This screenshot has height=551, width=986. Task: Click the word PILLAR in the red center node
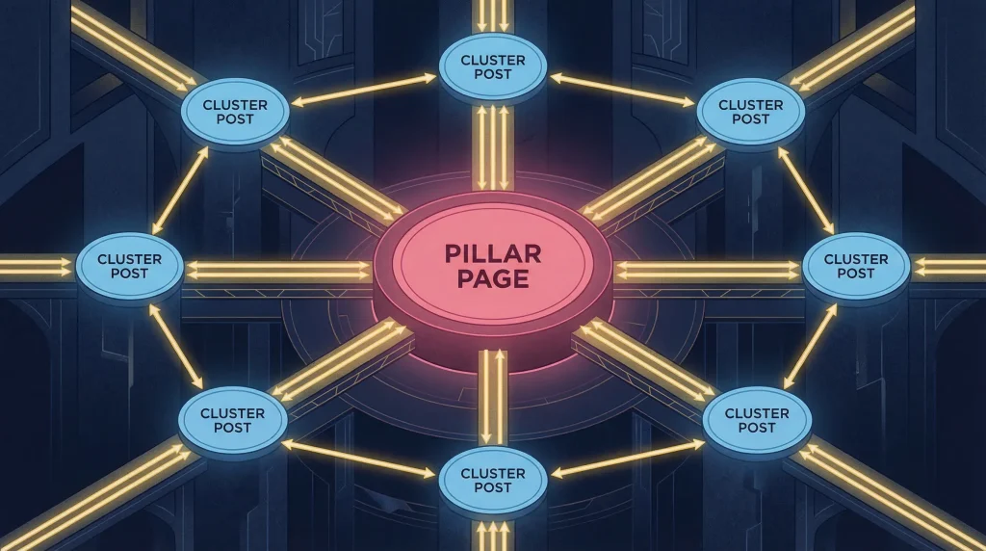pos(493,253)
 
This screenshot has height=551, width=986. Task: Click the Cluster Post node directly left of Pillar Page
pos(130,267)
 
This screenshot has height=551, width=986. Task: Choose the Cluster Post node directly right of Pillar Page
pos(856,267)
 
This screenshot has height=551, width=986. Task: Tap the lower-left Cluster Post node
pos(233,421)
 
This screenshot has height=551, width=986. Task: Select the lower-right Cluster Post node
pos(757,421)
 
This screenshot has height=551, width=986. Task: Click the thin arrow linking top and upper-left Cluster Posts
pos(364,90)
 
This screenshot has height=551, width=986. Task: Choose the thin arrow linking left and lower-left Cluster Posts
pos(176,347)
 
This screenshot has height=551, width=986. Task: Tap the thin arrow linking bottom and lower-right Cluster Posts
pos(628,459)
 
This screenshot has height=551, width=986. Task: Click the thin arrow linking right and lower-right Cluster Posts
pos(811,347)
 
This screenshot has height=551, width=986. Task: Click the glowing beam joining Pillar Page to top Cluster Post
pos(492,147)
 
